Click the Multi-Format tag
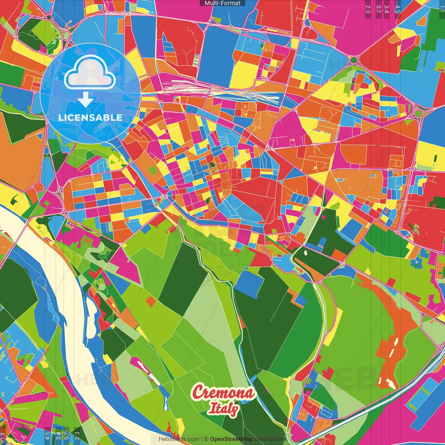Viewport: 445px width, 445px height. [x=222, y=3]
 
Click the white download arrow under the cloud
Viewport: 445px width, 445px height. [x=86, y=99]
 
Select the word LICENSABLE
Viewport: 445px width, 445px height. [x=90, y=118]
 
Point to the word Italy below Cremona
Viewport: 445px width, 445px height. [x=224, y=408]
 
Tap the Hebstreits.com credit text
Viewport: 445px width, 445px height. [x=179, y=439]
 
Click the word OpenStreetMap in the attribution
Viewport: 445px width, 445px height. [x=231, y=439]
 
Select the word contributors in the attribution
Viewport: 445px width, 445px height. [x=270, y=439]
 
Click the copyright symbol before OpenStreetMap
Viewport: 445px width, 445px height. [x=206, y=439]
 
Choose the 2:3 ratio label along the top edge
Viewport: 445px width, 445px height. [x=367, y=9]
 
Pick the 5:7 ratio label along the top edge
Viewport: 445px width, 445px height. [x=378, y=9]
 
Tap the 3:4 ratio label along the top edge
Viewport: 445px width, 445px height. [x=387, y=9]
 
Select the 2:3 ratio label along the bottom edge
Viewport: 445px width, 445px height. [x=77, y=436]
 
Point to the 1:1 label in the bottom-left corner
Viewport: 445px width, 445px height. [x=3, y=436]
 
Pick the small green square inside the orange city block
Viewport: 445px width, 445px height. [x=153, y=170]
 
